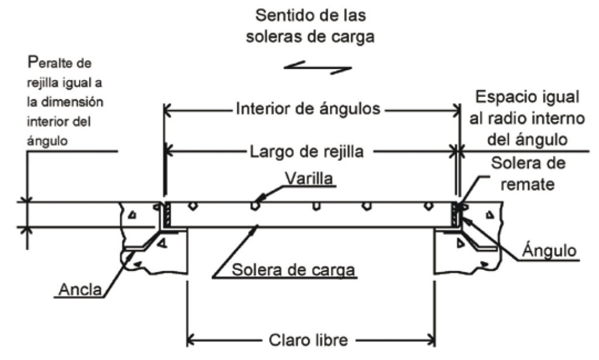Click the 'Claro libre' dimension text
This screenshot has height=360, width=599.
click(309, 339)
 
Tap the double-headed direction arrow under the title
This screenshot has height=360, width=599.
click(318, 68)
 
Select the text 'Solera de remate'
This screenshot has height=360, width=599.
click(528, 173)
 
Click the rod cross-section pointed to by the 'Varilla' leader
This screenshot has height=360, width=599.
click(254, 206)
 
